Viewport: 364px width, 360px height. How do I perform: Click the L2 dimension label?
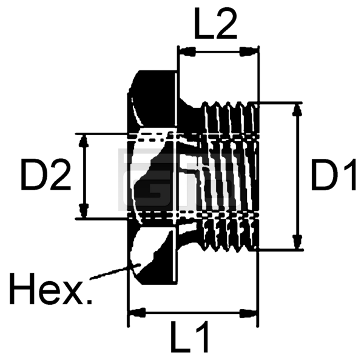point(215,24)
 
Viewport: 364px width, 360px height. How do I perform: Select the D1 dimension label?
point(333,175)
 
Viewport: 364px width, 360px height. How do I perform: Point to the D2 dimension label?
point(45,175)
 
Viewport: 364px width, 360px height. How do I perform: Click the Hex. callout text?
point(51,289)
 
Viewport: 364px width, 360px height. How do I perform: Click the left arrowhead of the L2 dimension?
point(187,52)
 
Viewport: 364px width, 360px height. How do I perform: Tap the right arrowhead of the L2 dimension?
point(249,52)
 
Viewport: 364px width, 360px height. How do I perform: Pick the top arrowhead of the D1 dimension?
point(298,111)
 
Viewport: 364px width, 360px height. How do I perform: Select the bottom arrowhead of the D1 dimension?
point(298,242)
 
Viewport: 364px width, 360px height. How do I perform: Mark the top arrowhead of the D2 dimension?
point(84,142)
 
